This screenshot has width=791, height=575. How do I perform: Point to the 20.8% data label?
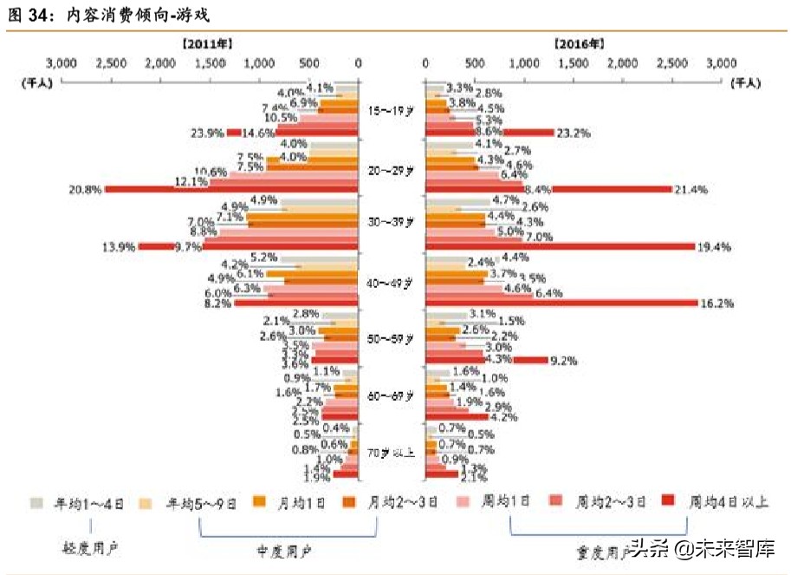pos(87,188)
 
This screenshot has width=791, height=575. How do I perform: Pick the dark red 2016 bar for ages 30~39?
pos(560,246)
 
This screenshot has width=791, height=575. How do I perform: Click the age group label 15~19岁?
pos(392,111)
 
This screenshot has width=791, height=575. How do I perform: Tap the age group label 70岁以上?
pos(392,452)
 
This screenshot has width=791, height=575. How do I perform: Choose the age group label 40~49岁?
pos(392,282)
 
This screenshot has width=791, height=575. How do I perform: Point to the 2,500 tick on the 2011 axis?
pos(111,63)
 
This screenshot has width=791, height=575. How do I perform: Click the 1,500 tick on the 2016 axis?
pos(574,63)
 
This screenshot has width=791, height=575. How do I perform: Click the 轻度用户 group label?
pos(88,549)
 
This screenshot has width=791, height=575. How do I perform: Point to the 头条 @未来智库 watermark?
pos(701,548)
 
